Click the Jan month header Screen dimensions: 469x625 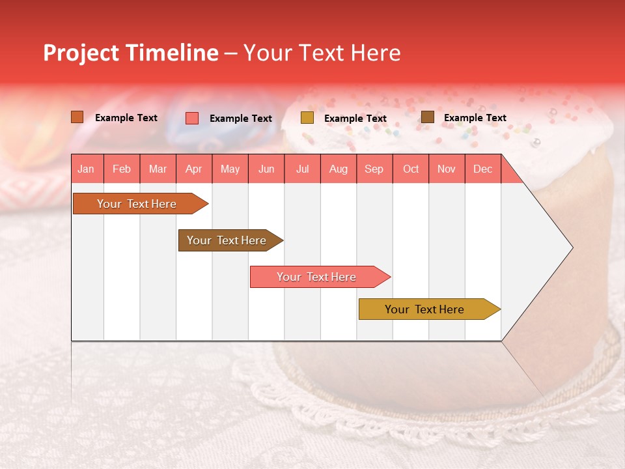[86, 169]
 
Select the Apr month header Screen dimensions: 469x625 [193, 169]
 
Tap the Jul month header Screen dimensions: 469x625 [302, 169]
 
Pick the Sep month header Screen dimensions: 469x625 [374, 169]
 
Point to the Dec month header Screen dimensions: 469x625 [482, 169]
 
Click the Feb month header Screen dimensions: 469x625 [122, 169]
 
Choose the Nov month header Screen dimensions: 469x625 [446, 169]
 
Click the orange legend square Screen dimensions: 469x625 [77, 117]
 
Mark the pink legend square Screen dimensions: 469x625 [192, 118]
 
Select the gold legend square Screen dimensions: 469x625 [307, 118]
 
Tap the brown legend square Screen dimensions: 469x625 [428, 117]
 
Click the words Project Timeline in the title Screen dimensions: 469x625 [130, 53]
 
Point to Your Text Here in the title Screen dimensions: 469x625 [322, 53]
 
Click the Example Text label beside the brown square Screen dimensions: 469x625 [475, 118]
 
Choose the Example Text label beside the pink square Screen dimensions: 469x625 [240, 119]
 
